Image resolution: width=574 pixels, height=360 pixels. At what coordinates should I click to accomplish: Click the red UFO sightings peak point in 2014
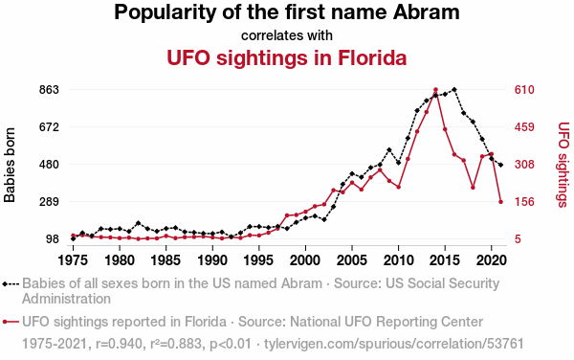pos(435,90)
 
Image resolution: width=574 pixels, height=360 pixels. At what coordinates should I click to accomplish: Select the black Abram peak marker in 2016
pos(454,89)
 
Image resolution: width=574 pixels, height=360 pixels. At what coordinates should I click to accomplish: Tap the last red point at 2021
pos(500,202)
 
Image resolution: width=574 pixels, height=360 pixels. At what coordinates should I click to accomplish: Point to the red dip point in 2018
pos(473,188)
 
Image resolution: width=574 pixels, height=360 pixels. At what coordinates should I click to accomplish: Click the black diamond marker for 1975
pos(74,238)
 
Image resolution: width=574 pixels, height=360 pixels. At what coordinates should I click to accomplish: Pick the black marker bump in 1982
pos(139,223)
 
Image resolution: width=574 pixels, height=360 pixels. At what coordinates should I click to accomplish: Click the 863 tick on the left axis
pos(49,90)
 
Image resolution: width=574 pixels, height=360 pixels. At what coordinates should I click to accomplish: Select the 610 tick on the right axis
pos(524,90)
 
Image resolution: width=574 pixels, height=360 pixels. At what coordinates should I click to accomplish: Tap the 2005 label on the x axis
pos(352,260)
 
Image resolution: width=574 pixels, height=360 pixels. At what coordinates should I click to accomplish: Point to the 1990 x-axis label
pos(212,260)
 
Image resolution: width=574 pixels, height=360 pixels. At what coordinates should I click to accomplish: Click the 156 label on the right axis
pos(524,202)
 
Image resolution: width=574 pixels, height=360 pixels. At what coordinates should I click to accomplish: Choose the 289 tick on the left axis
pos(49,202)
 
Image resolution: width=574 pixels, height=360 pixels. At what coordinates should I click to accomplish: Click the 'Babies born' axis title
pos(10,165)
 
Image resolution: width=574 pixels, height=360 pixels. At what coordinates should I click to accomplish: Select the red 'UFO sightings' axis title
pos(563,165)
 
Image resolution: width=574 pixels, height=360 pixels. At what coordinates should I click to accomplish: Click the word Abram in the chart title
pos(426,12)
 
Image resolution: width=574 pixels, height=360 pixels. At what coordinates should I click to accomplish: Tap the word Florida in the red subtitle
pos(372,57)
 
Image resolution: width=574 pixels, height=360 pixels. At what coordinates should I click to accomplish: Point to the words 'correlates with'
pos(287,35)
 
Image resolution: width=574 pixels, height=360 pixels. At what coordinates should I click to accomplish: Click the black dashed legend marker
pos(11,283)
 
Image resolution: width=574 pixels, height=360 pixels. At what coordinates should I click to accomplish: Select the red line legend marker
pos(11,322)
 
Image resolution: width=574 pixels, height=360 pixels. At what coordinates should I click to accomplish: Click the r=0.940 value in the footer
pos(119,344)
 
